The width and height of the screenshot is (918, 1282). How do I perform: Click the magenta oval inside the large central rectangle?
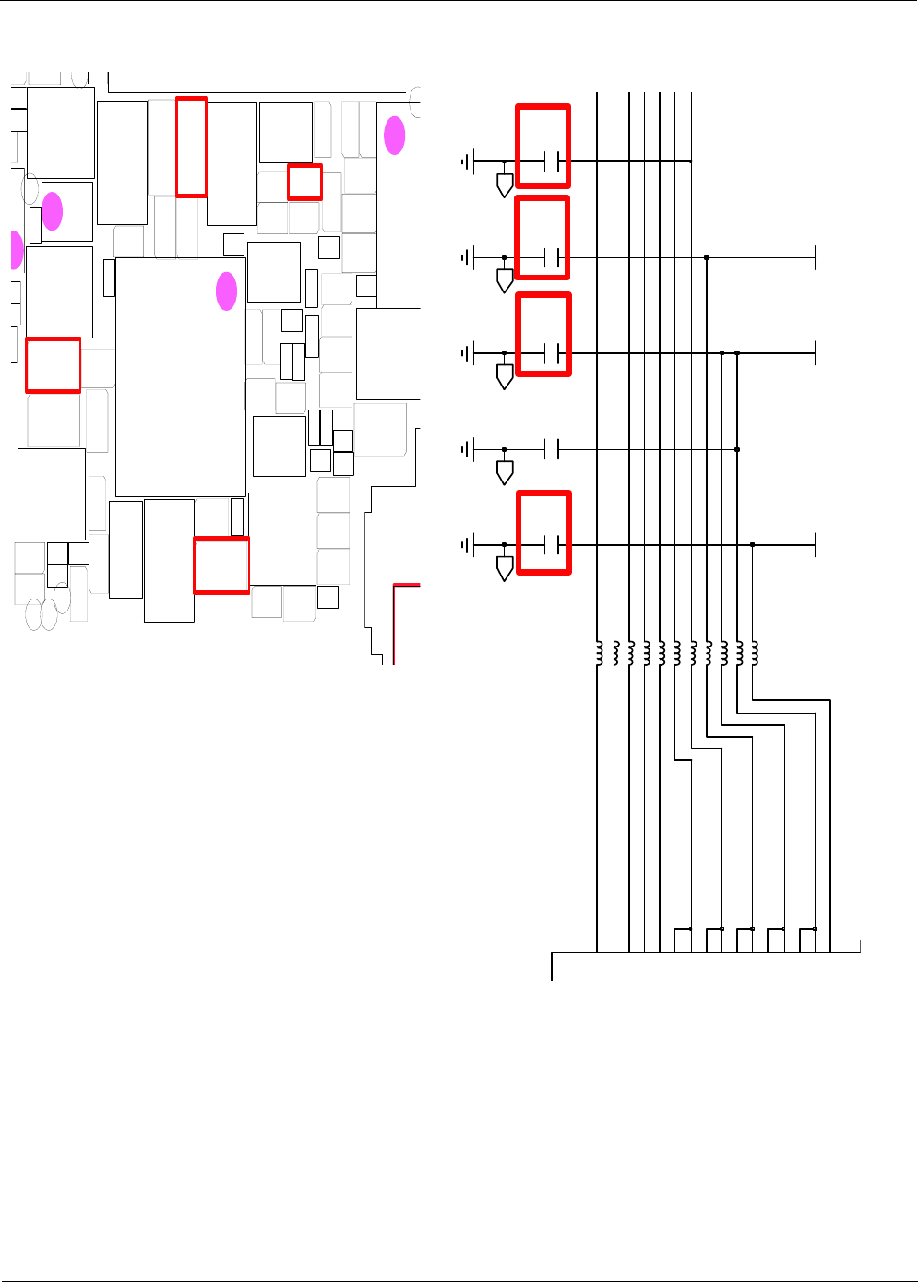pos(226,291)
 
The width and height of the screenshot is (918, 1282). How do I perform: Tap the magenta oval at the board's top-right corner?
pos(395,136)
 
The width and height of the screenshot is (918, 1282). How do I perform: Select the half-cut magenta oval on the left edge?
pos(16,250)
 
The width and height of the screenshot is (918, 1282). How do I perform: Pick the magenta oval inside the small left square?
pos(53,211)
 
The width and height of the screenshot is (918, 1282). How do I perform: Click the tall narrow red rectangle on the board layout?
pos(191,147)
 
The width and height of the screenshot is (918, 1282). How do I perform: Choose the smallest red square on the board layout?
pos(304,182)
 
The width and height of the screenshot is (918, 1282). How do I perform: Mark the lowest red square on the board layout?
pos(221,565)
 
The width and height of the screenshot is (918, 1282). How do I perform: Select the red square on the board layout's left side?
pos(53,365)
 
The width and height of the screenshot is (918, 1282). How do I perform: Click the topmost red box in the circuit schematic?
pos(542,147)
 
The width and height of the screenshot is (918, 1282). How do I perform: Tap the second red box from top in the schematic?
pos(542,238)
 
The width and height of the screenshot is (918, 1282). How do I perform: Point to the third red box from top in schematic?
pos(542,334)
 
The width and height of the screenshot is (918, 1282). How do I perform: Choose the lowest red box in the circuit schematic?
pos(543,532)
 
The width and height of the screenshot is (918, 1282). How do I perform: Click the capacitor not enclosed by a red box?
pos(553,449)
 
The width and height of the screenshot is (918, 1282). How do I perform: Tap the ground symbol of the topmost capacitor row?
pos(467,162)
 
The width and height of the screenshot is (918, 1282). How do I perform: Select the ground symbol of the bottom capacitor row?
pos(467,545)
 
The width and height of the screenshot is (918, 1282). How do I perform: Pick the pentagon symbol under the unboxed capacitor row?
pos(505,472)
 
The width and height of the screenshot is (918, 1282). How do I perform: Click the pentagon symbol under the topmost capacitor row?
pos(505,184)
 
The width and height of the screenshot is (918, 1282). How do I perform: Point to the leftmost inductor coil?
pos(599,653)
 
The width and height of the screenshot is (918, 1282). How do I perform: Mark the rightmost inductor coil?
pos(755,653)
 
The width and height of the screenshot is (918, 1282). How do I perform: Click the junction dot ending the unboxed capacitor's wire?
pos(737,449)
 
